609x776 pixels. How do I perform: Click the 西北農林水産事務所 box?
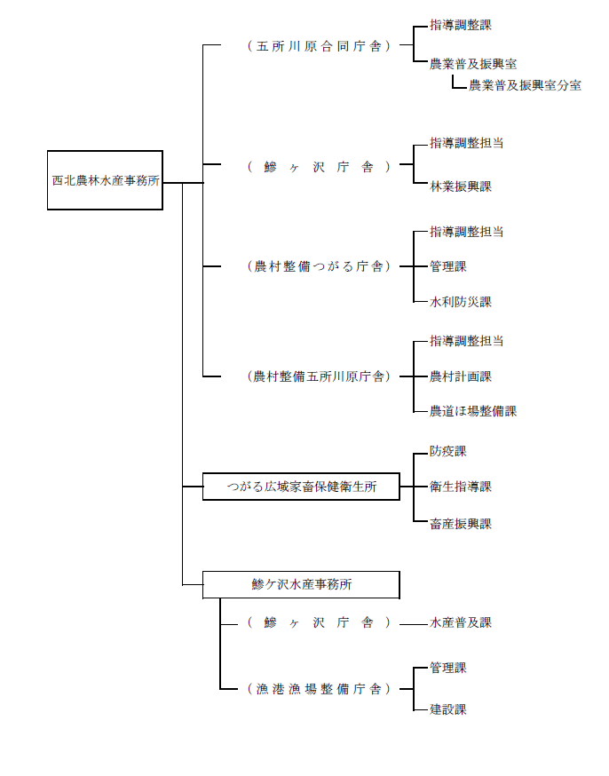pos(105,180)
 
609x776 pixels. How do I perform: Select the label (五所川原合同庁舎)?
pos(319,45)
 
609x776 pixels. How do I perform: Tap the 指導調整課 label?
pos(461,25)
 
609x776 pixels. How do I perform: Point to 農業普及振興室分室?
pos(525,86)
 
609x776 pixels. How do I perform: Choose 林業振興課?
pos(461,186)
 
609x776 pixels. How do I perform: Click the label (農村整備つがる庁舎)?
pos(319,265)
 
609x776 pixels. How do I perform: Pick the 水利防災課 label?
pos(461,302)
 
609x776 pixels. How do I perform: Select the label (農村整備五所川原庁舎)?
pos(319,376)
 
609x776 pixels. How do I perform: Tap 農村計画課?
pos(461,376)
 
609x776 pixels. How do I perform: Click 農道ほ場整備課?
pos(473,411)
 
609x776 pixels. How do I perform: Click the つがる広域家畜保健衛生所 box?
pos(301,487)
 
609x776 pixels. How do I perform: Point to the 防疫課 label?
pos(448,451)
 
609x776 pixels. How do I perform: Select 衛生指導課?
pos(461,487)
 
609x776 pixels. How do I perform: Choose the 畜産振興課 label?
pos(461,524)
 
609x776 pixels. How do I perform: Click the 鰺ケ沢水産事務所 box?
pos(301,584)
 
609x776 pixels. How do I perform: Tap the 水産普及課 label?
pos(461,623)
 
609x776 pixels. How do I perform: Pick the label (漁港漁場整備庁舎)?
pos(319,689)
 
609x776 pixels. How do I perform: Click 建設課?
pos(448,709)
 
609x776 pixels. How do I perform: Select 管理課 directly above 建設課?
pos(448,668)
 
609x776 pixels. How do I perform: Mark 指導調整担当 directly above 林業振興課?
pos(467,143)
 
